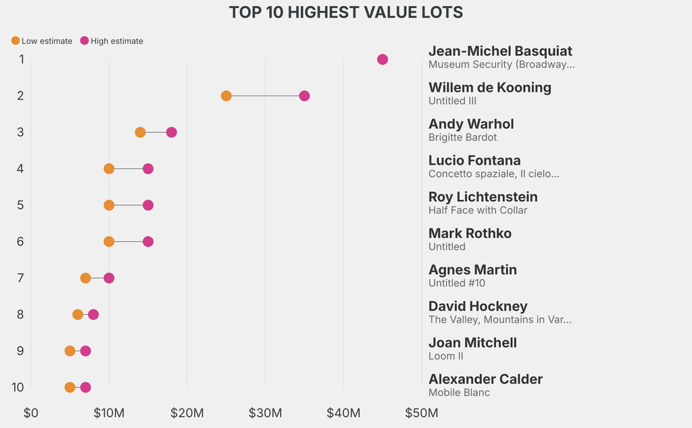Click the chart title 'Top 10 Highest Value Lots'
pyautogui.click(x=345, y=12)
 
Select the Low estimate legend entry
pyautogui.click(x=42, y=41)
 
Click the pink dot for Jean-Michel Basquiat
pyautogui.click(x=382, y=59)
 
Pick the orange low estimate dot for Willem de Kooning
pyautogui.click(x=226, y=96)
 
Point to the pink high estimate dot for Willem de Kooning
pyautogui.click(x=304, y=96)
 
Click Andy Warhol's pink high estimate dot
pyautogui.click(x=172, y=132)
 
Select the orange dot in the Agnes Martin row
pyautogui.click(x=86, y=278)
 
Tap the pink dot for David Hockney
pyautogui.click(x=93, y=315)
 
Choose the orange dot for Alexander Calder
pyautogui.click(x=70, y=387)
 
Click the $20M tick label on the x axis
pyautogui.click(x=187, y=412)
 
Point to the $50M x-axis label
pyautogui.click(x=421, y=412)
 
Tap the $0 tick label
pyautogui.click(x=31, y=412)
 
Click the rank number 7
pyautogui.click(x=21, y=278)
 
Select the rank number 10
pyautogui.click(x=18, y=387)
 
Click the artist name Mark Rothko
pyautogui.click(x=470, y=234)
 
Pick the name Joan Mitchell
pyautogui.click(x=472, y=343)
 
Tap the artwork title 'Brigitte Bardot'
pyautogui.click(x=462, y=138)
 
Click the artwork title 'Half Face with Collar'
pyautogui.click(x=478, y=211)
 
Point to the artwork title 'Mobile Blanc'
pyautogui.click(x=459, y=393)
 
